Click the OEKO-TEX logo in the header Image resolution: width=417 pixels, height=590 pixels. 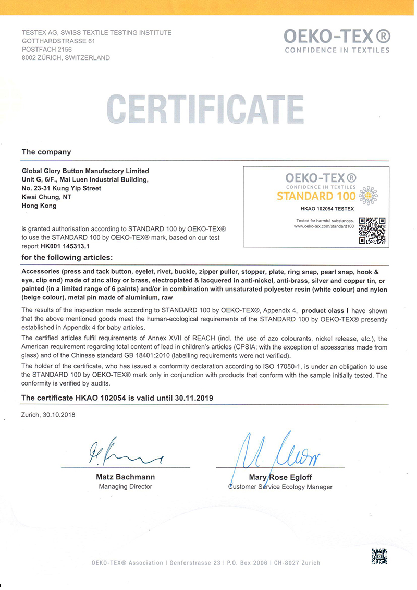[337, 40]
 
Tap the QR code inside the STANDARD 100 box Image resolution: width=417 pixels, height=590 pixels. [372, 230]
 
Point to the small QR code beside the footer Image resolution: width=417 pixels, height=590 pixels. [379, 557]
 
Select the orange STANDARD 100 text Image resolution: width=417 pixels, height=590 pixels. [316, 197]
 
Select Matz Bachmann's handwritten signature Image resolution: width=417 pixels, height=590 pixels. [123, 453]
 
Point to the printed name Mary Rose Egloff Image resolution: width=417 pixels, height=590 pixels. [280, 477]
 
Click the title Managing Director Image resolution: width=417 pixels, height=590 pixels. [125, 486]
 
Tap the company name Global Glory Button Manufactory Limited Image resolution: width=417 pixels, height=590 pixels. [85, 171]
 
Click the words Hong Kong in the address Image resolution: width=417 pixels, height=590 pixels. [39, 206]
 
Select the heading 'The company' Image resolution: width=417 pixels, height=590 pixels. [46, 152]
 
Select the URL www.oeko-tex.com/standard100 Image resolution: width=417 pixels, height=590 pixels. [324, 226]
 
